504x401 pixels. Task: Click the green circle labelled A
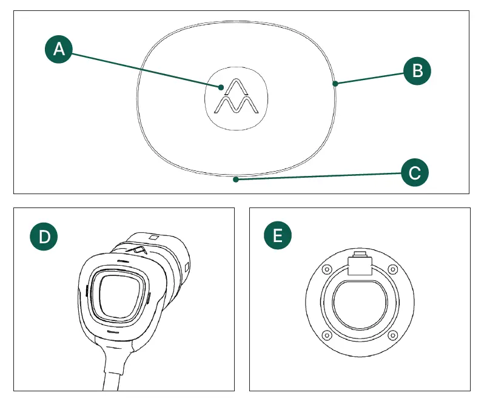click(59, 49)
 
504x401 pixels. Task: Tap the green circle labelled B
click(417, 70)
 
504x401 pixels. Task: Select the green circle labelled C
click(415, 173)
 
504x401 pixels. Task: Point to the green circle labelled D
click(44, 236)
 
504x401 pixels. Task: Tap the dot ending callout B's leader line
click(335, 84)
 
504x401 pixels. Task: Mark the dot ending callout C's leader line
click(237, 180)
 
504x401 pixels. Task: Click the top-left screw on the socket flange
click(328, 270)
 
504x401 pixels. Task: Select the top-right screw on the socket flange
click(392, 270)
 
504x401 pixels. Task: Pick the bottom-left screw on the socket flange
click(328, 335)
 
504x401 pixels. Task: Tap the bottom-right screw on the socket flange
click(392, 335)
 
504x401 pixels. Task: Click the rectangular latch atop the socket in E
click(360, 265)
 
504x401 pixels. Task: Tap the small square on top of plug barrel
click(153, 237)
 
